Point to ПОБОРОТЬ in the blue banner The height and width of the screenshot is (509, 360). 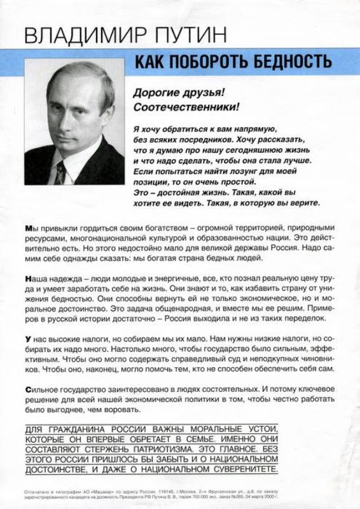coord(211,61)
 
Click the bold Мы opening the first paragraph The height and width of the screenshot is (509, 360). coord(31,228)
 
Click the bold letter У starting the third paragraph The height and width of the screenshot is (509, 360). coord(27,339)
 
